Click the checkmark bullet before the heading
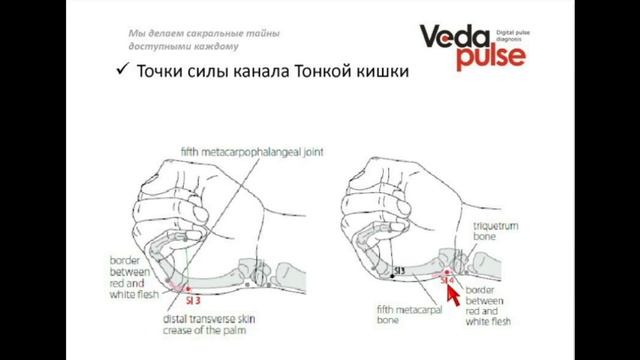[120, 74]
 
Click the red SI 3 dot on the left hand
[182, 290]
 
